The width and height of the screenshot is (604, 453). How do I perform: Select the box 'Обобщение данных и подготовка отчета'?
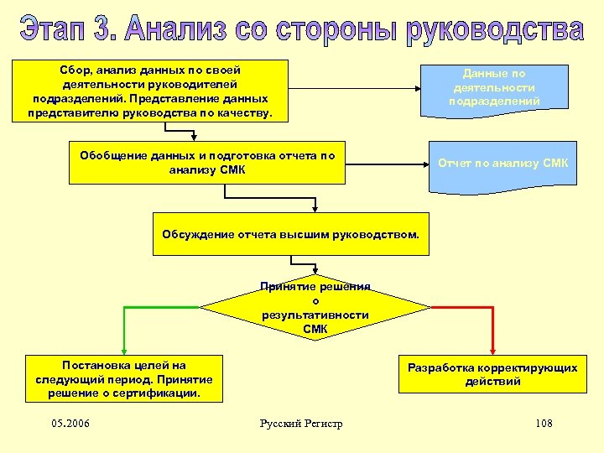pyautogui.click(x=207, y=162)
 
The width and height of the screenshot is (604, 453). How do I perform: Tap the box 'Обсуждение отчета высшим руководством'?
pyautogui.click(x=290, y=233)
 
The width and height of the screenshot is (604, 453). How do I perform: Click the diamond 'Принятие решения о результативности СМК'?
pyautogui.click(x=315, y=308)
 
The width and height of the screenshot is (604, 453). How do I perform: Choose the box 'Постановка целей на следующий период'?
pyautogui.click(x=124, y=379)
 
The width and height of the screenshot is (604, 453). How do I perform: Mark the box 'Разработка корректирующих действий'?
pyautogui.click(x=492, y=374)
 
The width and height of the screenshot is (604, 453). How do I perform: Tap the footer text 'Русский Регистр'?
pyautogui.click(x=302, y=423)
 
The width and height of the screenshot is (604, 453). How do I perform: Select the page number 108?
pyautogui.click(x=544, y=423)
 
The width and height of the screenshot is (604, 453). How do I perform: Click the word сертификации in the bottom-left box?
pyautogui.click(x=157, y=393)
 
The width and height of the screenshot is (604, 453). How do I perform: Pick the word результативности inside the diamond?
pyautogui.click(x=315, y=315)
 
